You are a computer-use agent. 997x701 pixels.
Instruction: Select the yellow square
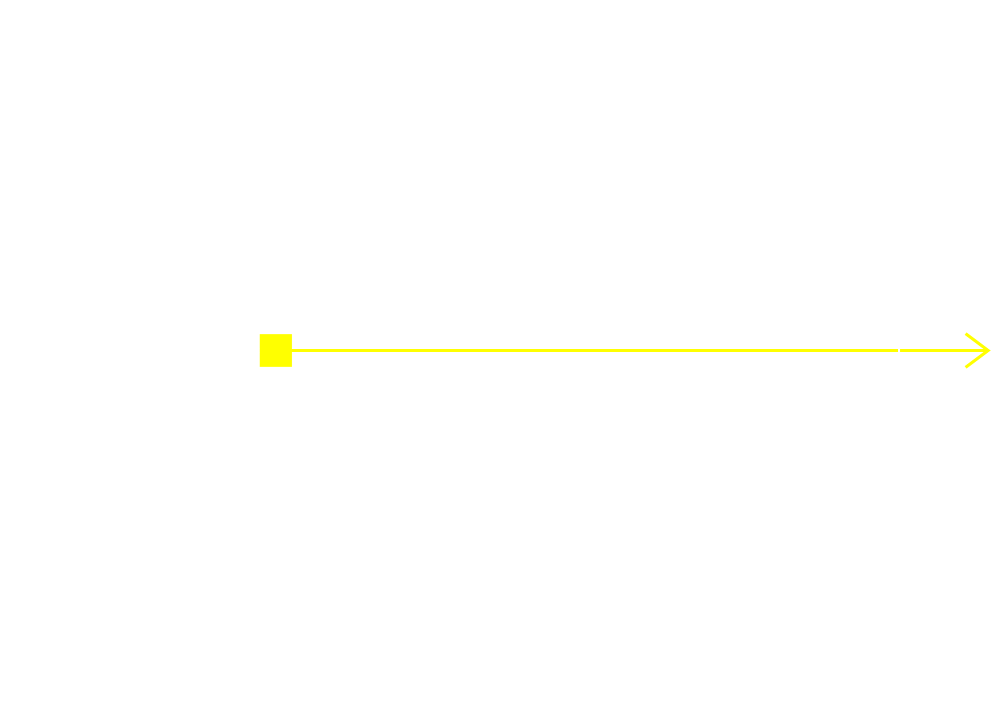click(x=276, y=351)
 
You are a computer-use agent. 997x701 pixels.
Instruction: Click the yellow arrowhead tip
click(x=990, y=351)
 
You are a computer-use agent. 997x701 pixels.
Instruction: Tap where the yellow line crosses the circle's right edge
click(x=898, y=351)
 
